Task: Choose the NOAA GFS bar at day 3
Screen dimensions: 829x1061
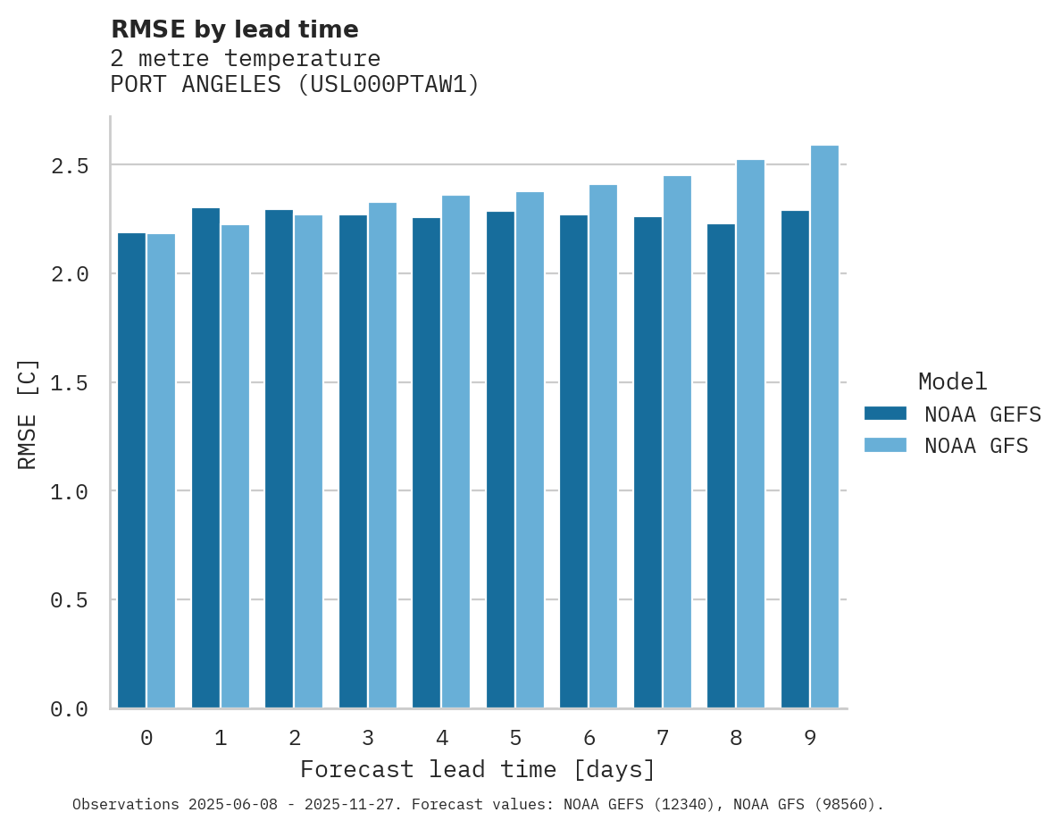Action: pyautogui.click(x=382, y=456)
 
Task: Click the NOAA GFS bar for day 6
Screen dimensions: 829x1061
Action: pyautogui.click(x=603, y=447)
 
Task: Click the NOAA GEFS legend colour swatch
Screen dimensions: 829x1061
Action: pyautogui.click(x=885, y=414)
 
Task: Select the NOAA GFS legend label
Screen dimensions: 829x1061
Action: pyautogui.click(x=976, y=446)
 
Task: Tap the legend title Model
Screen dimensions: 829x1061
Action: pyautogui.click(x=952, y=381)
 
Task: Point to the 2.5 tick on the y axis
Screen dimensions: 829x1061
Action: pyautogui.click(x=70, y=166)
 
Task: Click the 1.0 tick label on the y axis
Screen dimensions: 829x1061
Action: pyautogui.click(x=70, y=492)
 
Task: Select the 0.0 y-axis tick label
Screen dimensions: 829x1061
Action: pyautogui.click(x=70, y=709)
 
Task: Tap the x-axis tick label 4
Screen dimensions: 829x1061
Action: pyautogui.click(x=441, y=738)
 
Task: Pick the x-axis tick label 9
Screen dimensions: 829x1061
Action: pyautogui.click(x=810, y=738)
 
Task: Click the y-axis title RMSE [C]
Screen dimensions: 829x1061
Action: pyautogui.click(x=28, y=414)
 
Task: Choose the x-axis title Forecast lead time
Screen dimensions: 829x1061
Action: pyautogui.click(x=477, y=769)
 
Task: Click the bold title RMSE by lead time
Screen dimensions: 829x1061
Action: pyautogui.click(x=234, y=29)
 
